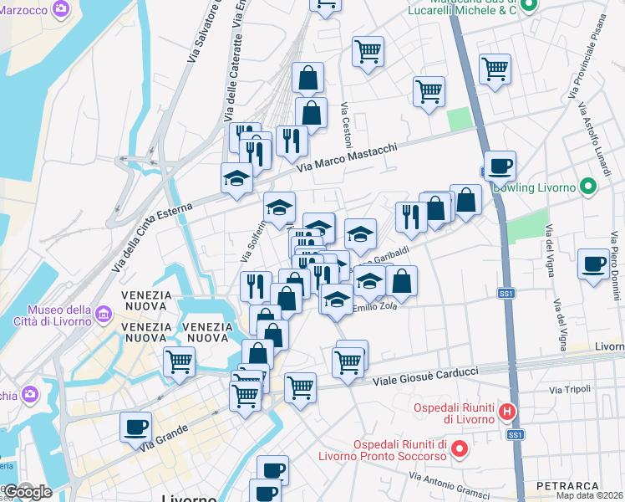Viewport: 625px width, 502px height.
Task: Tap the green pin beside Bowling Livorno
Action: (x=588, y=186)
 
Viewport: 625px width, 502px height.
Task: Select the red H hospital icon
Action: (x=506, y=411)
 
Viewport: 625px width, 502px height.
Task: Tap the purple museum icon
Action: (x=104, y=315)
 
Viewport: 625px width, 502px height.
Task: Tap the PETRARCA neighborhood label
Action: (x=568, y=486)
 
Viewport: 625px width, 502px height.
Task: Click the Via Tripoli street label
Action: (x=570, y=390)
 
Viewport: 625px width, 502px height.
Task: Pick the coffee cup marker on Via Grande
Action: (x=135, y=428)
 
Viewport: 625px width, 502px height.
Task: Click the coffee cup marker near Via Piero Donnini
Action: (x=594, y=264)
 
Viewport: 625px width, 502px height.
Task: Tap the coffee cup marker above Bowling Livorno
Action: (x=500, y=166)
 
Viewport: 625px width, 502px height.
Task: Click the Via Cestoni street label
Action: (x=345, y=122)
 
